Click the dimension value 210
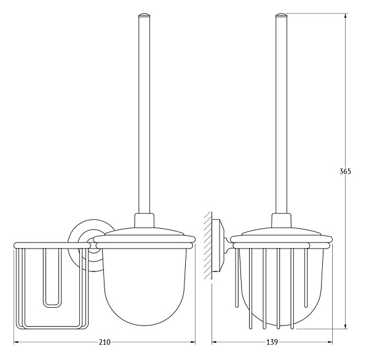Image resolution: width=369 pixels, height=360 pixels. (105, 342)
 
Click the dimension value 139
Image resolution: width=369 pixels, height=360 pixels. (272, 342)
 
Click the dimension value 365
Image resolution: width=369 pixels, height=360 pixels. (345, 172)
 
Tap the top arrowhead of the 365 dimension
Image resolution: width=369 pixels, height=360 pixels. (345, 16)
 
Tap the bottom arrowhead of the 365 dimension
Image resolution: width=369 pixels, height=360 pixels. (345, 326)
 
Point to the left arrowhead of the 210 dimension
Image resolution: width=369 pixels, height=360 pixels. (17, 342)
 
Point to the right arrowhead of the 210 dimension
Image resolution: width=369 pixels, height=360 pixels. (192, 342)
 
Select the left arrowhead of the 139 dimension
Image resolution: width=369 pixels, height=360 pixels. (215, 342)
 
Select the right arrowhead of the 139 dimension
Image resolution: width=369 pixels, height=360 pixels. (329, 342)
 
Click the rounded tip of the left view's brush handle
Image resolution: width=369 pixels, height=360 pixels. (144, 15)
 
